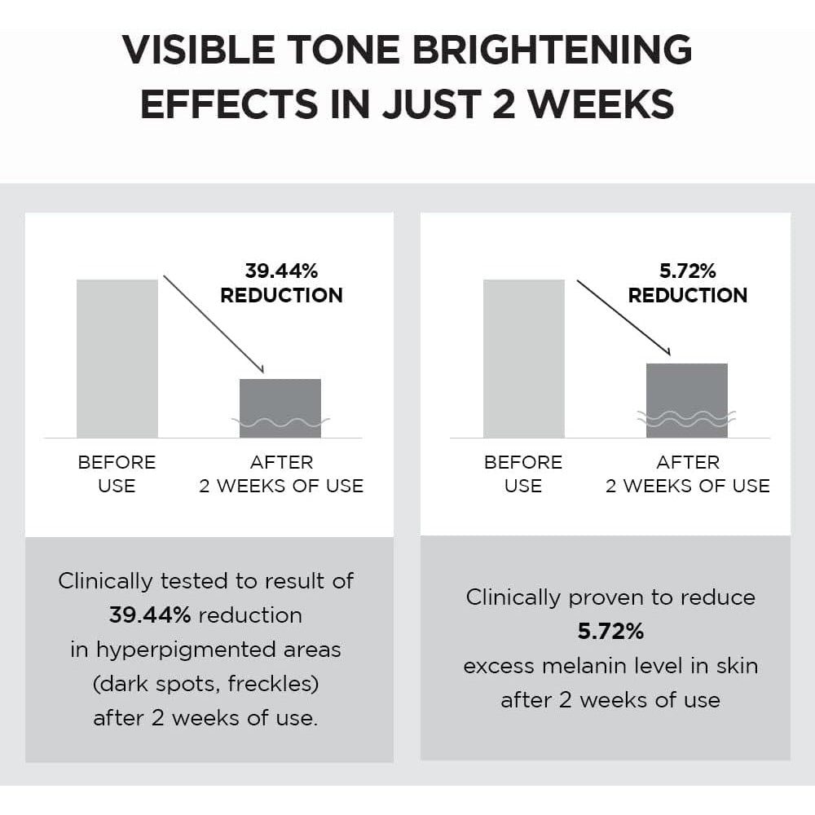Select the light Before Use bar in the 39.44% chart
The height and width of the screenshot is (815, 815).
117,358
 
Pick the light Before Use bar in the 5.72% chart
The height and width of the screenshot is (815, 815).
523,358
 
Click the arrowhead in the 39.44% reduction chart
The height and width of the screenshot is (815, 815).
259,368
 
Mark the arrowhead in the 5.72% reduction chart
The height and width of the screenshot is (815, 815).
665,350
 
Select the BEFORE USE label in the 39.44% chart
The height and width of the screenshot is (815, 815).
117,474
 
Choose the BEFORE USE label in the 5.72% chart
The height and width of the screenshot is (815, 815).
522,474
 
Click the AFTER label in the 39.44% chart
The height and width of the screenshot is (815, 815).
281,462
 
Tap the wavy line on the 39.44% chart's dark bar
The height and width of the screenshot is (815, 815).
280,422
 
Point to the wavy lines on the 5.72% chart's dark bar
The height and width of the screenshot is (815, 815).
686,418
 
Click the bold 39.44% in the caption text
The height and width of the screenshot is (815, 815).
150,615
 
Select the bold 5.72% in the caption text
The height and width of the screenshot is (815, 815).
611,632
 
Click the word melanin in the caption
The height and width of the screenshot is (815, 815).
595,666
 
